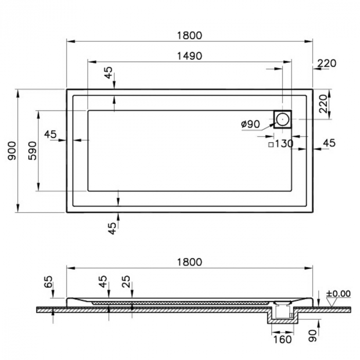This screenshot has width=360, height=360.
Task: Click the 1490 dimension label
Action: (x=190, y=56)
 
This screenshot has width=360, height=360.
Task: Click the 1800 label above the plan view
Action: (x=190, y=35)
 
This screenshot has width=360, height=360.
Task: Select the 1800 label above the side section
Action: (x=190, y=262)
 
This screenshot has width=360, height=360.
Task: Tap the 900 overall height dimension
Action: (x=12, y=151)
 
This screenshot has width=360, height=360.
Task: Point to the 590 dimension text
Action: (x=32, y=151)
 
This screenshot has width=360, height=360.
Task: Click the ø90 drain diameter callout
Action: (x=250, y=124)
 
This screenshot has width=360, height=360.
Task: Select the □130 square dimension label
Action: (x=281, y=144)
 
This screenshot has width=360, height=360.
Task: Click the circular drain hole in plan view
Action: (x=282, y=119)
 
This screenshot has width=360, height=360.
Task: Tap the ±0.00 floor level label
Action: (x=338, y=294)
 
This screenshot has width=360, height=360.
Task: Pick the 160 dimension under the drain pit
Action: (x=282, y=339)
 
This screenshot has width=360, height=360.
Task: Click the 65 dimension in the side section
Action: (x=48, y=282)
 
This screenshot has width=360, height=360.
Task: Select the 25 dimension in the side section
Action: (x=126, y=281)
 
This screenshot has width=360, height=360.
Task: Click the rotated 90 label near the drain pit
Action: (x=313, y=336)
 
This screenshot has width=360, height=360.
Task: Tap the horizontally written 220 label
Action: (x=327, y=63)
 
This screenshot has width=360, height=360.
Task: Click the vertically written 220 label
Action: (x=323, y=104)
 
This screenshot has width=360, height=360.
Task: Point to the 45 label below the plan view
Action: (x=112, y=228)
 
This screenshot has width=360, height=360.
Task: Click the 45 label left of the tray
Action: (x=50, y=134)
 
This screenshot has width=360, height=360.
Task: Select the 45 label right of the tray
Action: (x=329, y=143)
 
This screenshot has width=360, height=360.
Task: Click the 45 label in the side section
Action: (x=103, y=281)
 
